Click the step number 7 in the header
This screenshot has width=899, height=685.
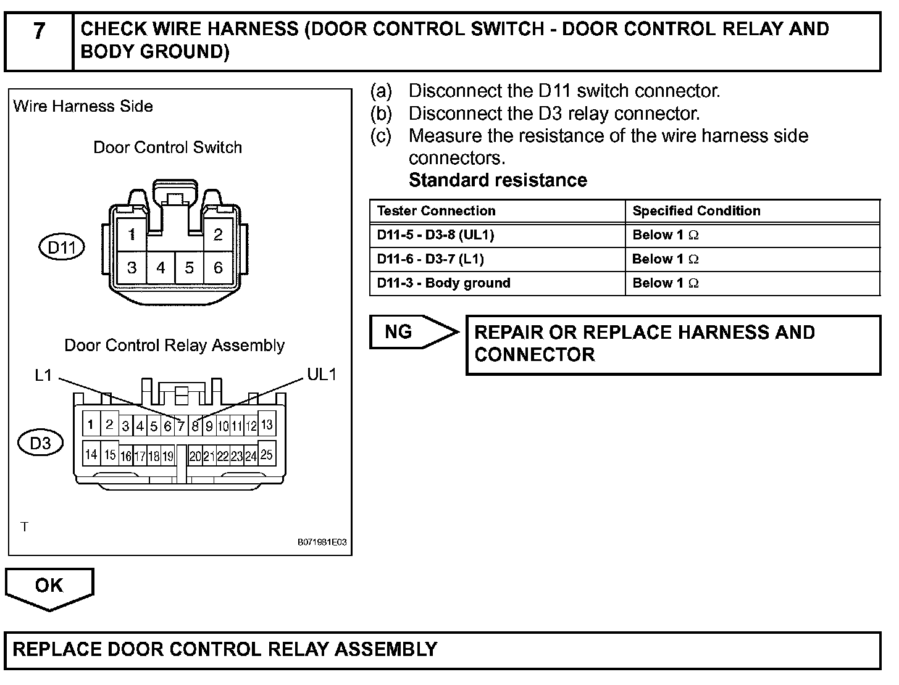click(39, 31)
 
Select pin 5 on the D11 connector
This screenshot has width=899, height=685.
click(190, 268)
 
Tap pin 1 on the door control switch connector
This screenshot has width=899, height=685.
click(132, 235)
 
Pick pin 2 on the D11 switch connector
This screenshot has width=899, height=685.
click(218, 235)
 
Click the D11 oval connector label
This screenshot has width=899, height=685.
click(62, 247)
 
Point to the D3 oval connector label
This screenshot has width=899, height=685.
click(41, 443)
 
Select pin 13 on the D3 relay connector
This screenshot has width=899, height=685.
click(267, 425)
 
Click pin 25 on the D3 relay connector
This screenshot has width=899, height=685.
click(267, 455)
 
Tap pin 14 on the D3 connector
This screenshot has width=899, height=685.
click(91, 455)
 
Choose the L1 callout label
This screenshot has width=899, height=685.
click(43, 375)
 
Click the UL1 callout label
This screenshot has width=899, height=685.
click(322, 375)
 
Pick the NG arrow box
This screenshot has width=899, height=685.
click(411, 332)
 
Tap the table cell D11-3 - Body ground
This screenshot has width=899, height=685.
click(444, 283)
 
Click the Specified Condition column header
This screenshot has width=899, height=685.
click(696, 211)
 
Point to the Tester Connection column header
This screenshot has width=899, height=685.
click(437, 211)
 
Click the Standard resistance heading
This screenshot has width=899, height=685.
click(498, 180)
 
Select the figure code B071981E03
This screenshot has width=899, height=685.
click(322, 542)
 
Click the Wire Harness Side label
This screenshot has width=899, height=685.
click(83, 106)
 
